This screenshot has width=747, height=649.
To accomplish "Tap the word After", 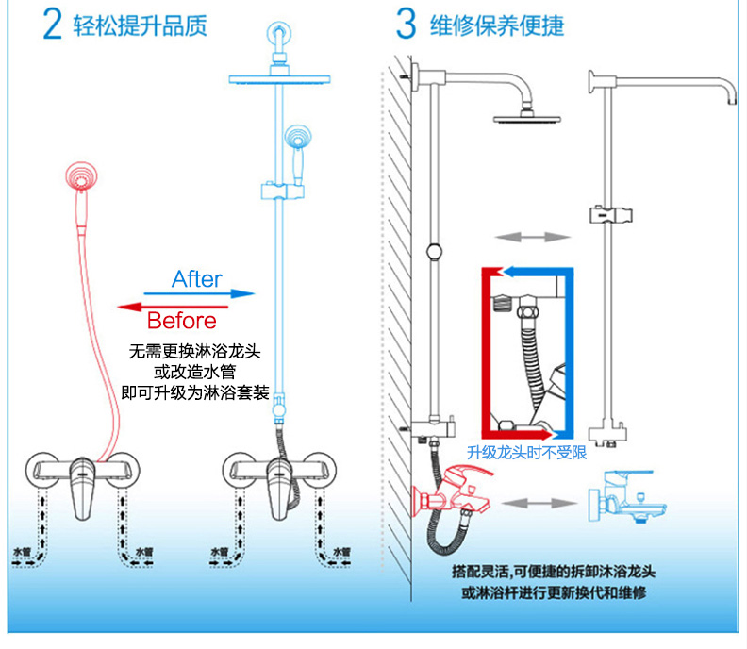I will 197,279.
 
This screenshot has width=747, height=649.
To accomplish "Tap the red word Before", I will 181,321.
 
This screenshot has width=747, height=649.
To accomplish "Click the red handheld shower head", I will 81,176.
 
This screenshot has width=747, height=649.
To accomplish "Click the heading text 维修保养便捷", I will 496,25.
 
